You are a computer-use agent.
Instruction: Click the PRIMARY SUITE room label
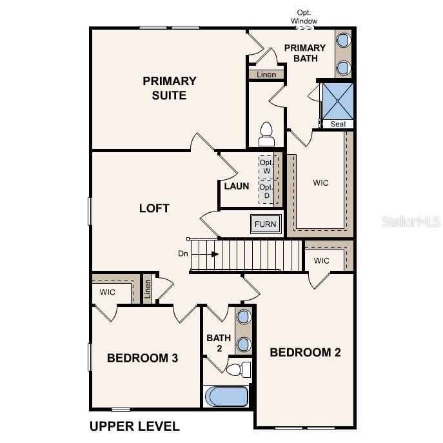click(x=169, y=88)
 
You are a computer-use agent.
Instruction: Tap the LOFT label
click(x=154, y=208)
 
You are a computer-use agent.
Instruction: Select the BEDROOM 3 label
click(x=143, y=358)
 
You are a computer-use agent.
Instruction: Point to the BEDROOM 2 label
click(x=305, y=352)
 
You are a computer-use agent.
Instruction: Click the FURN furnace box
click(x=265, y=224)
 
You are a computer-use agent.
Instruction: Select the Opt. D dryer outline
click(x=266, y=191)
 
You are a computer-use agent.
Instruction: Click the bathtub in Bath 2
click(x=226, y=396)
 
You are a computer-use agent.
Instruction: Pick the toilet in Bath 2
click(x=239, y=369)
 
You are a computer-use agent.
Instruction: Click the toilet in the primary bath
click(x=266, y=133)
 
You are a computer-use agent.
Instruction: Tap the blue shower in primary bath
click(x=337, y=101)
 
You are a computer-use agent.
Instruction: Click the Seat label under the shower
click(x=337, y=124)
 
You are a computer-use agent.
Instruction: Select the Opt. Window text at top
click(x=304, y=17)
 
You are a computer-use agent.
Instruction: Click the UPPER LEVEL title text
click(x=134, y=426)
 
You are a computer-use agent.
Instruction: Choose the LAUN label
click(x=236, y=186)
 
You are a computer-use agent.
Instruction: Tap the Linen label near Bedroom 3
click(x=147, y=290)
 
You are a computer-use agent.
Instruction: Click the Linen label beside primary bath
click(x=266, y=75)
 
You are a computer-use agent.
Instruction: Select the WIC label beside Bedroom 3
click(x=107, y=292)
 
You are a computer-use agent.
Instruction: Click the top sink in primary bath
click(x=343, y=40)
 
